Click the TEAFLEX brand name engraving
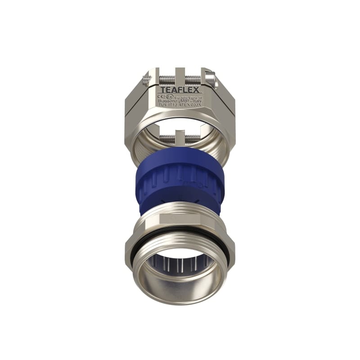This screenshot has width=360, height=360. point(180,90)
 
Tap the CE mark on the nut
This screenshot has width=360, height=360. point(161,96)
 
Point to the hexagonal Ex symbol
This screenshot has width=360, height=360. point(169,96)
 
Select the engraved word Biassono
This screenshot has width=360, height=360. point(168,101)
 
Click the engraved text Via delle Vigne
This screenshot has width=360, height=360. point(187,97)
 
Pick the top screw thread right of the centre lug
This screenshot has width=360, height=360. point(193,79)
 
